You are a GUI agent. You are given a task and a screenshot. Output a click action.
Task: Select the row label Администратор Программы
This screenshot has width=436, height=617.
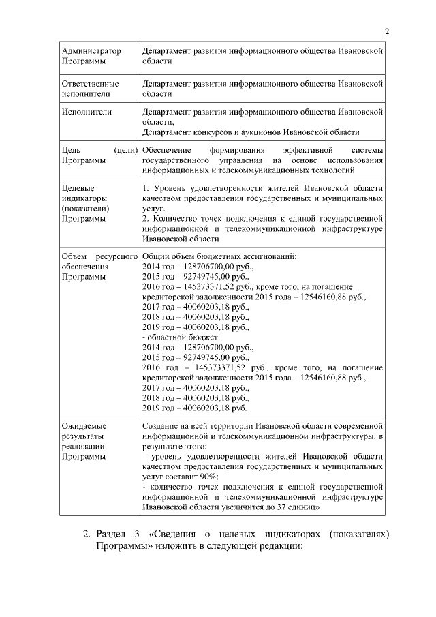tap(91, 57)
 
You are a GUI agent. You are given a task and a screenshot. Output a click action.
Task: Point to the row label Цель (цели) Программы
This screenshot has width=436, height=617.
tap(99, 155)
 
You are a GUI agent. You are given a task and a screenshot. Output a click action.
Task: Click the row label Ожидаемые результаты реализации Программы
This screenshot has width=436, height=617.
tap(89, 441)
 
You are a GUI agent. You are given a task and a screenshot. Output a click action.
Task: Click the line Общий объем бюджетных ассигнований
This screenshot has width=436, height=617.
tap(219, 256)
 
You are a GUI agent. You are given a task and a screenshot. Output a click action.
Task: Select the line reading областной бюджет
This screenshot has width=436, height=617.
tap(181, 337)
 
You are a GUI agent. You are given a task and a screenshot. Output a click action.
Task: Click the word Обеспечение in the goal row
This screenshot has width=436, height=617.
tap(167, 150)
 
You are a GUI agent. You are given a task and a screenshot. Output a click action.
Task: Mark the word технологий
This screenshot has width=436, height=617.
tap(332, 170)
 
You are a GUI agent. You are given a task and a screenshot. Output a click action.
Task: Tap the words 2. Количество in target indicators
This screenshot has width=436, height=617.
tap(170, 218)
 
